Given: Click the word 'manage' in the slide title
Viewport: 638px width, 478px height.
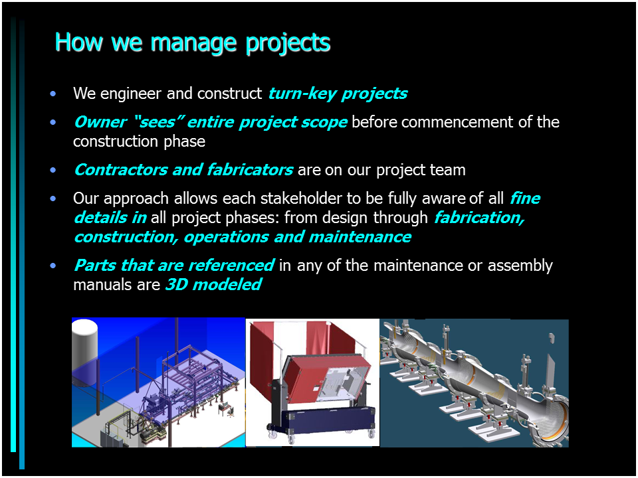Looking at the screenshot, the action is [x=193, y=42].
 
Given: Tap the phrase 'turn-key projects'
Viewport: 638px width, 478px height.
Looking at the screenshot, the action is [x=338, y=94].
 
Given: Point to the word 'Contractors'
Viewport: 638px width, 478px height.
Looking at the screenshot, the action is [x=121, y=170].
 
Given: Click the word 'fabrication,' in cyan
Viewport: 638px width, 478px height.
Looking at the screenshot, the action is [x=479, y=218].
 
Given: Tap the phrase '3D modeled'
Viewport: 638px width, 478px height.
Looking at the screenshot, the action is [x=213, y=285].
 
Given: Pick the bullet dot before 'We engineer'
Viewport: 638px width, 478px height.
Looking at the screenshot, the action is [x=53, y=94].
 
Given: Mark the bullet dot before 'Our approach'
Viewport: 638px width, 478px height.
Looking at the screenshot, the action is [x=53, y=199].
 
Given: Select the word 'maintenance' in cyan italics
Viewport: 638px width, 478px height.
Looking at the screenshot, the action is [x=360, y=237].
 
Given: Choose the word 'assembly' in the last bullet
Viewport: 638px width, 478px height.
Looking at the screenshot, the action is [x=520, y=266].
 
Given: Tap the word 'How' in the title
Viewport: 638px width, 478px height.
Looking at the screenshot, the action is [x=79, y=42].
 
